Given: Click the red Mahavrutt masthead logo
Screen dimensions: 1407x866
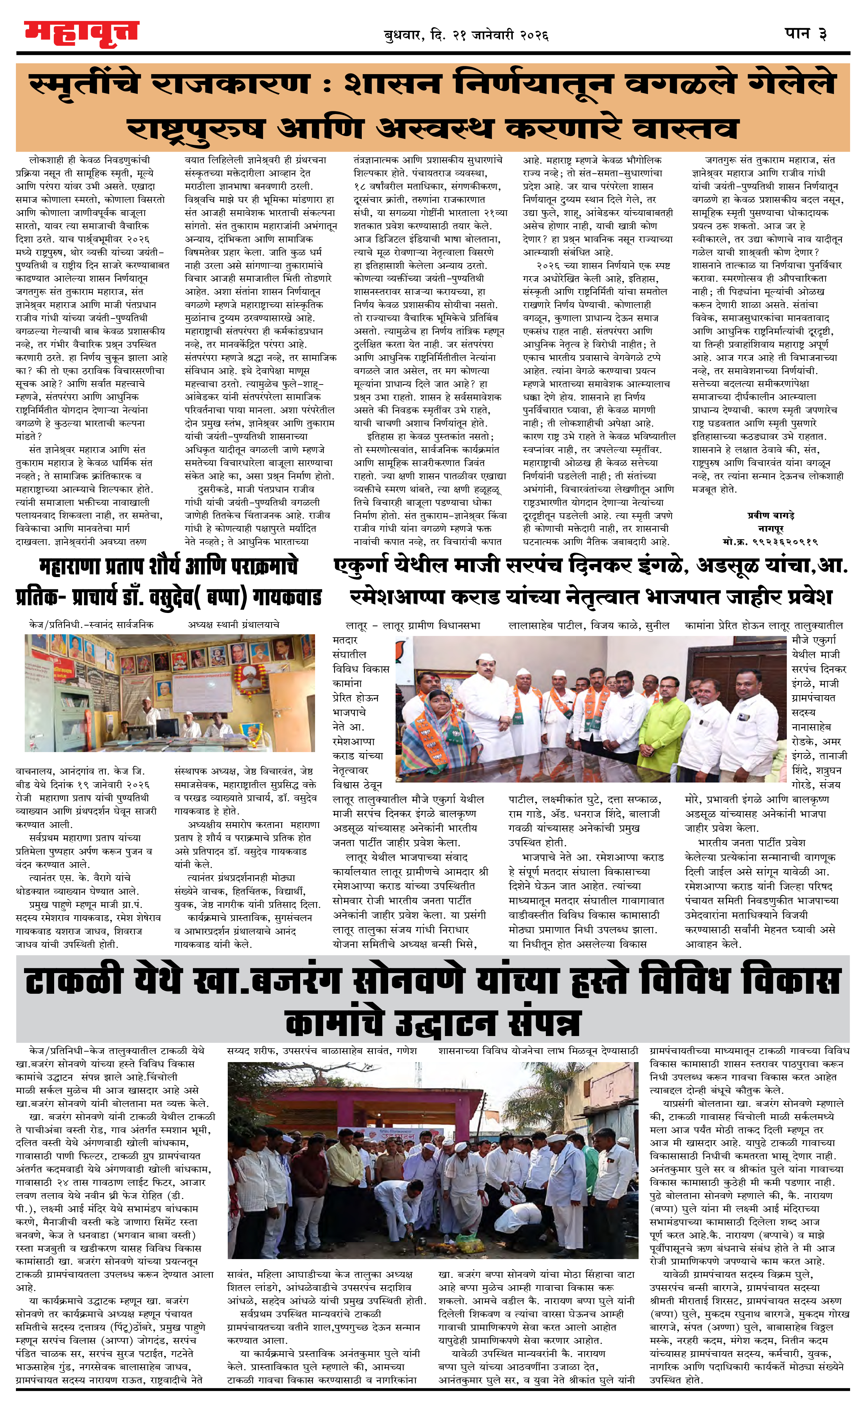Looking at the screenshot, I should pos(81,33).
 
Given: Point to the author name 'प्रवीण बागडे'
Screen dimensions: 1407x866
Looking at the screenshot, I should pos(770,515).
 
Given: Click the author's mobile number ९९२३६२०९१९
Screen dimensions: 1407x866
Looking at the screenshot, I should pos(770,541).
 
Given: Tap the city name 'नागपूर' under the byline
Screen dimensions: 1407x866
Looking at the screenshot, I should pos(770,529).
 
